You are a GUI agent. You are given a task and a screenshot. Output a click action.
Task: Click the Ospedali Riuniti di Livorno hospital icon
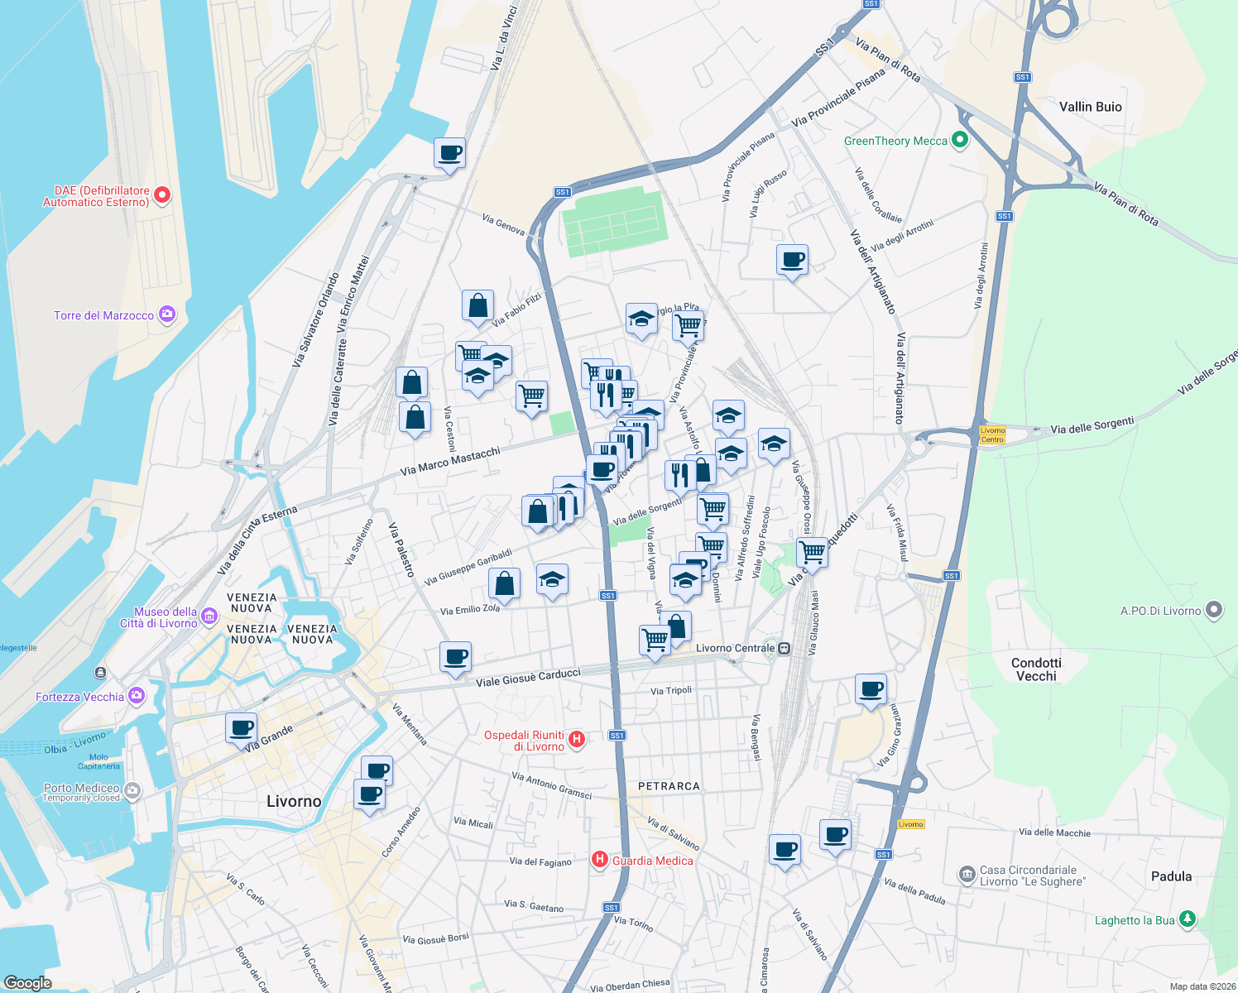pos(577,739)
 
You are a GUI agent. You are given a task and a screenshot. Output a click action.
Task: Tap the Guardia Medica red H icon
pos(600,861)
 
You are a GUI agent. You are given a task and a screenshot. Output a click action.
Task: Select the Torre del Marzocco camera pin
pos(167,314)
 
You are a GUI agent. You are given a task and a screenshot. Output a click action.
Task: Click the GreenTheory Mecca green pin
pos(960,140)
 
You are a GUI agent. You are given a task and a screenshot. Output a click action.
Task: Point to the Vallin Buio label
pos(1090,107)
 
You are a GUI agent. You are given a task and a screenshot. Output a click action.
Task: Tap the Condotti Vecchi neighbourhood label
pos(1036,669)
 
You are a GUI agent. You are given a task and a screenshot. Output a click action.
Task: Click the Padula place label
pos(1171,876)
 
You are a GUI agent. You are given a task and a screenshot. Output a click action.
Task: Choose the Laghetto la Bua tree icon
pos(1188,919)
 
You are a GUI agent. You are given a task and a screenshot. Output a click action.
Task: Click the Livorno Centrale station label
pos(736,648)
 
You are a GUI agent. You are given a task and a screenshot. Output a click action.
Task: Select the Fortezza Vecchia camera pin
pos(137,696)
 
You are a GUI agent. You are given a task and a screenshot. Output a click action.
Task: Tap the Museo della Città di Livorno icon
pos(209,616)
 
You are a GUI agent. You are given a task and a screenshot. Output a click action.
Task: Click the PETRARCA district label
pos(669,786)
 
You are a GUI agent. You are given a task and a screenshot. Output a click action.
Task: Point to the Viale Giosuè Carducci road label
pos(528,678)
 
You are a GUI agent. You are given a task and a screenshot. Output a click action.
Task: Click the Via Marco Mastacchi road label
pos(450,462)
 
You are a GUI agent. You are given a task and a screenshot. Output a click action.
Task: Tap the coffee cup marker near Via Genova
pos(449,153)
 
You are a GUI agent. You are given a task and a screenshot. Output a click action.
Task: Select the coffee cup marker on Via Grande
pos(242,728)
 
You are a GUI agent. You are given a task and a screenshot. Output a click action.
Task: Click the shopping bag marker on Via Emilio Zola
pos(505,583)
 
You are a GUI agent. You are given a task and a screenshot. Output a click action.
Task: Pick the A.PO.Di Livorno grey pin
pos(1214,610)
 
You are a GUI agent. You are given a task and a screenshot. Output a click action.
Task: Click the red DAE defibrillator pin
pos(162,195)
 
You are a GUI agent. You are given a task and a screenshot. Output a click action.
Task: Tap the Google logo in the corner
pos(28,982)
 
